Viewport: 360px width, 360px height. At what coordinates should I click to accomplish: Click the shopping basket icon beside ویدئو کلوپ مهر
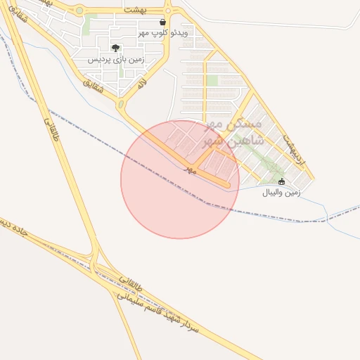click(x=163, y=22)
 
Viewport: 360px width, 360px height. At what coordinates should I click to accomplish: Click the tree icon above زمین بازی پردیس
click(x=115, y=49)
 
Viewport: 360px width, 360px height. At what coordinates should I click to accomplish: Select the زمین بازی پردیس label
click(x=116, y=60)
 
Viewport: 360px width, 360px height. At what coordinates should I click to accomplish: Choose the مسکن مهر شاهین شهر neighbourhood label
click(x=233, y=132)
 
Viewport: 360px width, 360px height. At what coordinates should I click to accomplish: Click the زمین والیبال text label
click(x=281, y=192)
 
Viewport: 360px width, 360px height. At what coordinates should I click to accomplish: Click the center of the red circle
click(x=180, y=179)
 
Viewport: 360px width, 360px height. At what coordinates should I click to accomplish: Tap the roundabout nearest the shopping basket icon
click(x=167, y=11)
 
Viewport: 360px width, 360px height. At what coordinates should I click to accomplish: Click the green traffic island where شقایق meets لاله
click(x=120, y=105)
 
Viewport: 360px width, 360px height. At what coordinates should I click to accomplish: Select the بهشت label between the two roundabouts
click(x=132, y=11)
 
